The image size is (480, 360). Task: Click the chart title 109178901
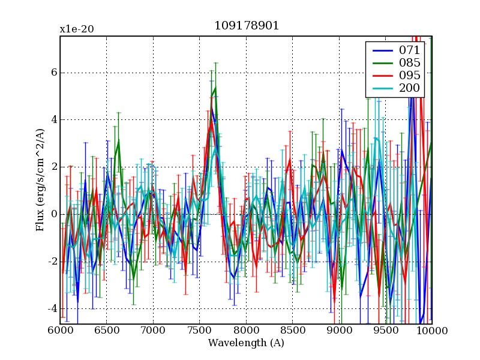point(247,26)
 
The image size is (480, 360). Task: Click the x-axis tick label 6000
point(60,331)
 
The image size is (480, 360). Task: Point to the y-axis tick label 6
point(53,73)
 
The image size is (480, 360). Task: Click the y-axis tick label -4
point(51,309)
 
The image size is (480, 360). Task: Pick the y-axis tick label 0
point(53,214)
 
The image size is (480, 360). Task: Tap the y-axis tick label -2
point(51,262)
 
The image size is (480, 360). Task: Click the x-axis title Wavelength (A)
point(246,343)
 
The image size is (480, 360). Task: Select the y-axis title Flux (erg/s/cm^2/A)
point(40,180)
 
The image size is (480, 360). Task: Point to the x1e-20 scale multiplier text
point(76,29)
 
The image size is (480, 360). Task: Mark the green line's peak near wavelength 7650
point(215,88)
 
